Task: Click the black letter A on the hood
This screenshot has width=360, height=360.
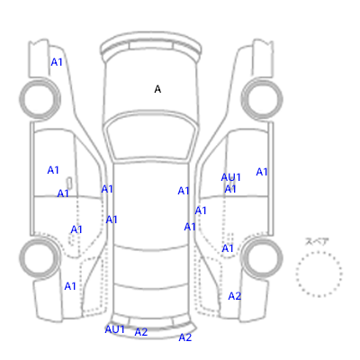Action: click(157, 89)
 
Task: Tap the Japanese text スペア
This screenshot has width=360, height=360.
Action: click(317, 241)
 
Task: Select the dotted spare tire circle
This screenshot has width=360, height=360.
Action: click(319, 252)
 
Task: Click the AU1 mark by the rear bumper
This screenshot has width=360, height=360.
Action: click(114, 329)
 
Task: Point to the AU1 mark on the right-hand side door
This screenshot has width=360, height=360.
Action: click(230, 177)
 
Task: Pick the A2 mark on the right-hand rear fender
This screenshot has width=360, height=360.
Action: click(235, 296)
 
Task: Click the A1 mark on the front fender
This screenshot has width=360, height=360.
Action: click(57, 62)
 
